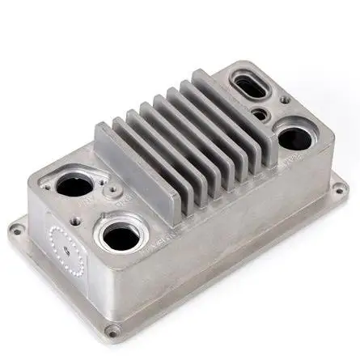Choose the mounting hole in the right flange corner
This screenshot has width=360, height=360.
click(x=335, y=193)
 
